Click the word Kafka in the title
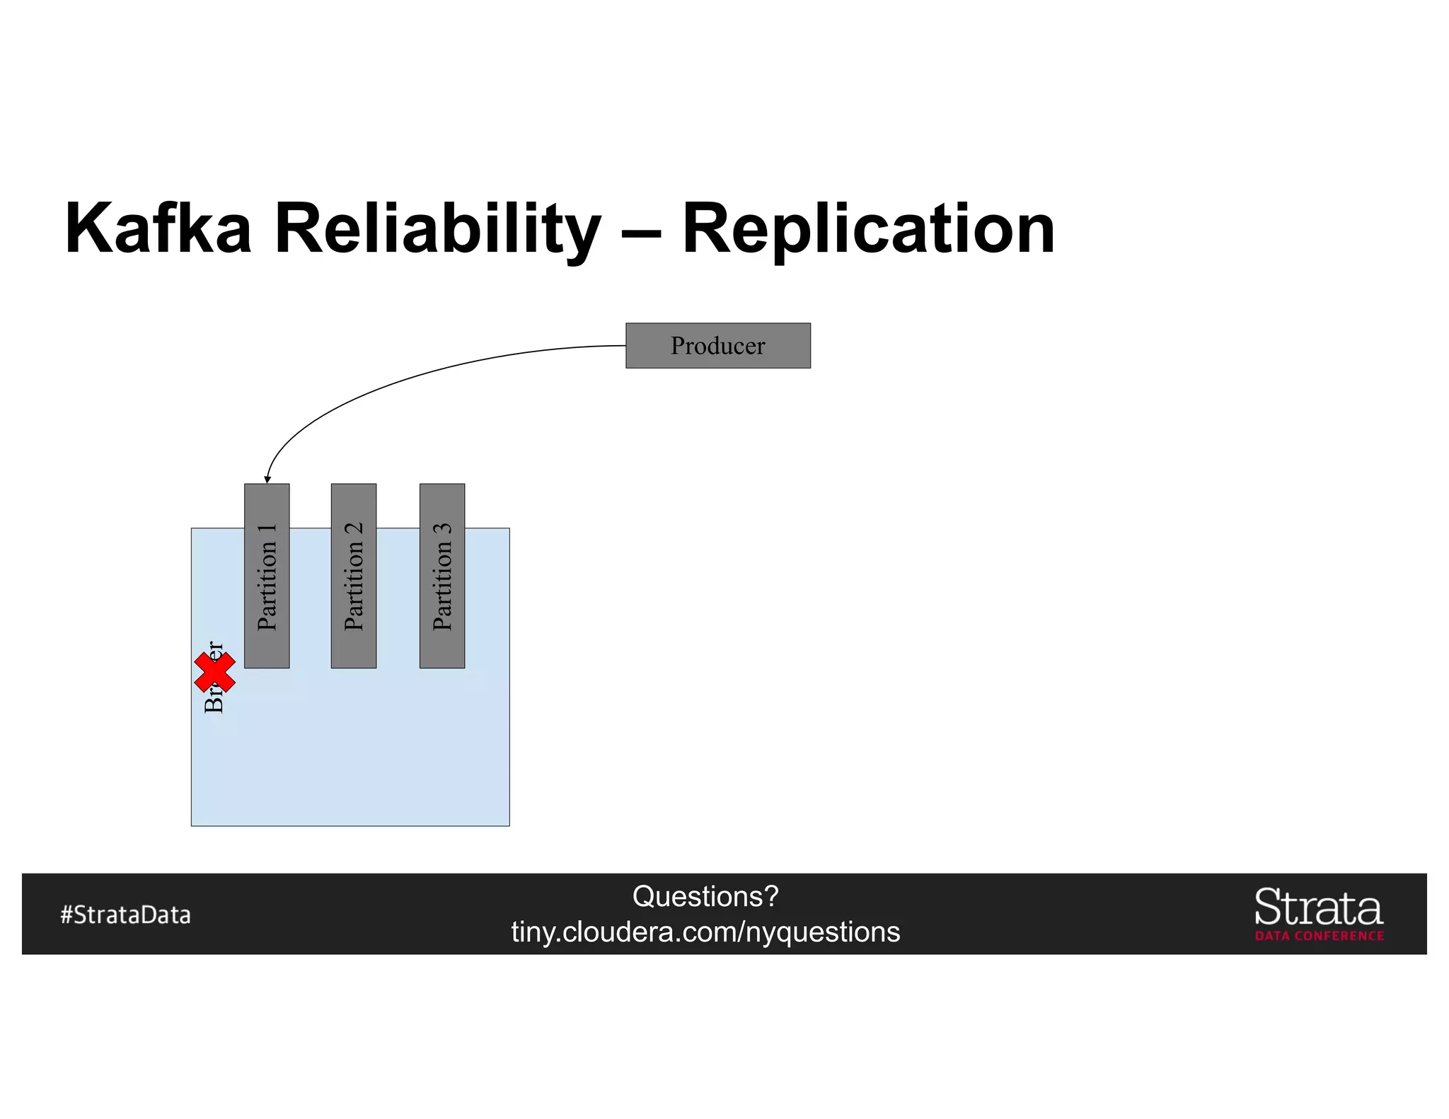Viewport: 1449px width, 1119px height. point(158,228)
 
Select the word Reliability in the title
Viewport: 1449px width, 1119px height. point(437,228)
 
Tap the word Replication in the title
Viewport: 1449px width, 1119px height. point(868,228)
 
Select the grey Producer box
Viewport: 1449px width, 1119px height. point(717,345)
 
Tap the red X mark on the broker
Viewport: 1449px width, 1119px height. point(214,672)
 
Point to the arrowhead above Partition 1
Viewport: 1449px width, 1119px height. point(267,479)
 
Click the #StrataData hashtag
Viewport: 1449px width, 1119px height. point(125,915)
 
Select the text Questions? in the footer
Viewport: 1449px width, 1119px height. point(705,896)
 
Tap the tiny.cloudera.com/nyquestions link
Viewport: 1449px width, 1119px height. point(705,932)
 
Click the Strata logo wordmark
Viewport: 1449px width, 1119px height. point(1318,907)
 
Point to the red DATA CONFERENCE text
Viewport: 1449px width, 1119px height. point(1319,936)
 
